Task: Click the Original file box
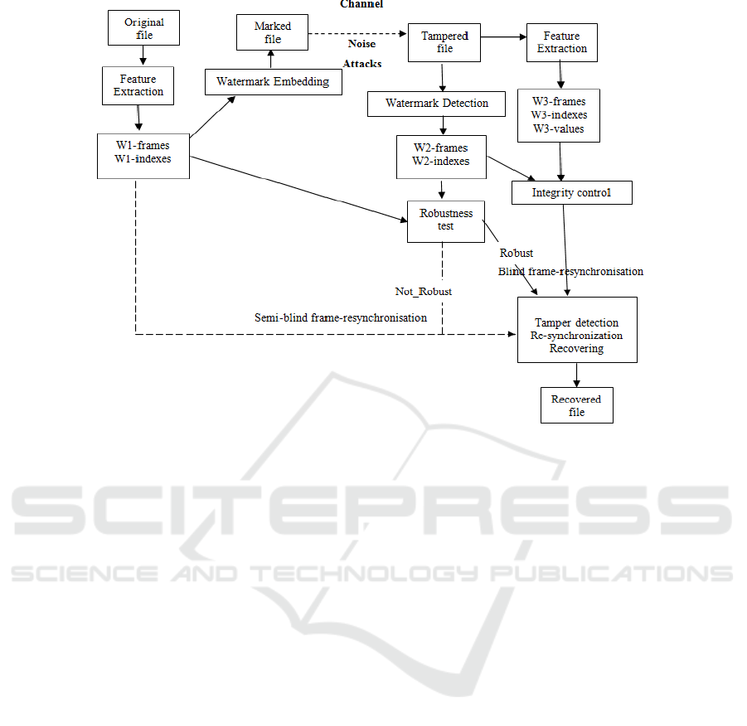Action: coord(144,28)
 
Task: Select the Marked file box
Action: coord(273,32)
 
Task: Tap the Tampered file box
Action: coord(444,42)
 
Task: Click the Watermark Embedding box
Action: coord(274,82)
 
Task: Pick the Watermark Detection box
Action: coord(436,104)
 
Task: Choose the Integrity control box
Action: coord(572,193)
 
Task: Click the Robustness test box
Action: coord(446,221)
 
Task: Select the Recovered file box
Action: coord(577,405)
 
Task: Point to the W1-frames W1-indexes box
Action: coord(143,157)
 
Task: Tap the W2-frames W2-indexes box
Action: coord(442,157)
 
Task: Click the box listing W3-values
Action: coord(559,116)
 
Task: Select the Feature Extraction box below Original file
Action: coord(138,85)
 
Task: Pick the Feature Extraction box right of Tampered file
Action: coord(562,42)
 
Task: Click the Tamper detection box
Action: coord(577,330)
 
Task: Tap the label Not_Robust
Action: coord(424,292)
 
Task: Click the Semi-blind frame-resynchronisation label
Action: coord(341,317)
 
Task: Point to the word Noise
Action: coord(361,44)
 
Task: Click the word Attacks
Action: coord(362,64)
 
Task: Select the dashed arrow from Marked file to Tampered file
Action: coord(357,34)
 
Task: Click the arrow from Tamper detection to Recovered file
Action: coord(577,375)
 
